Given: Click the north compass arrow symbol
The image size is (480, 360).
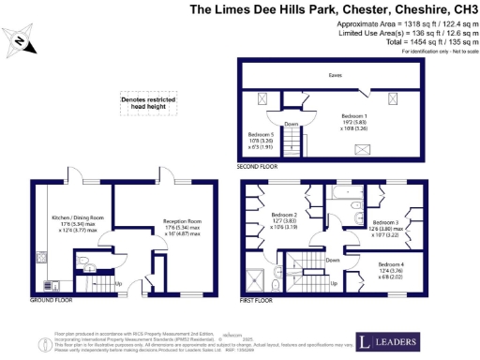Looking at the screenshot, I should [20, 41].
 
